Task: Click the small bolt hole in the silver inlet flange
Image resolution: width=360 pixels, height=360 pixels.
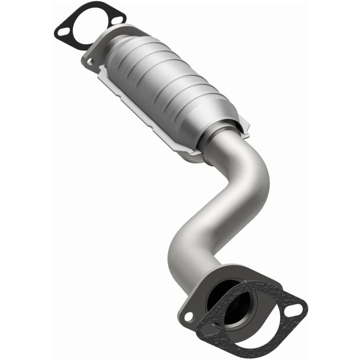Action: point(90,62)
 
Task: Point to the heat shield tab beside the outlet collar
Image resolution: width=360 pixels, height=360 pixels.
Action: point(243,124)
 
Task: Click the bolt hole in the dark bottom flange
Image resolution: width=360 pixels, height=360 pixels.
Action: point(188,316)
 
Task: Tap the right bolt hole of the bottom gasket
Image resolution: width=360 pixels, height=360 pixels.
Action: point(295,310)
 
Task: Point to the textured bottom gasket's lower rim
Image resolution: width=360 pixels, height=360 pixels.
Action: point(250,347)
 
